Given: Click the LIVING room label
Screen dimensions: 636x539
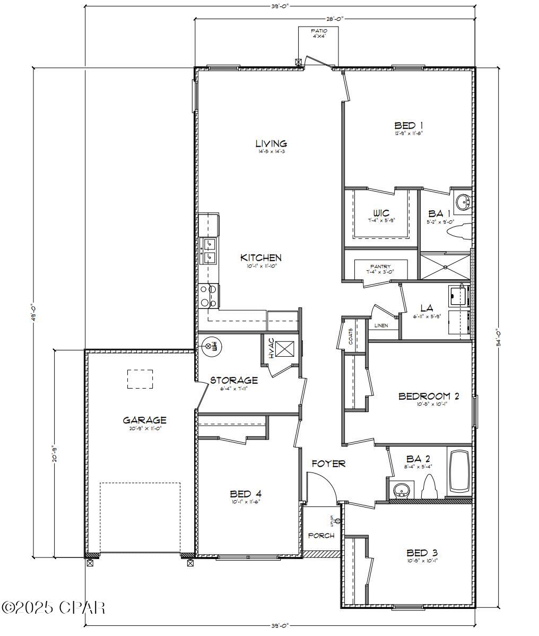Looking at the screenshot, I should (x=271, y=143).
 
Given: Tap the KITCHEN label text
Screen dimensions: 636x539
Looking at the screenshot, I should (x=261, y=258).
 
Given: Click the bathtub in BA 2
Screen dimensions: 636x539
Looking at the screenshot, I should (x=460, y=472).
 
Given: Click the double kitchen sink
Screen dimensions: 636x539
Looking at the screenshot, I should (x=209, y=251).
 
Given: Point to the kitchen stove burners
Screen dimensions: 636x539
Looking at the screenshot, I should (x=208, y=296).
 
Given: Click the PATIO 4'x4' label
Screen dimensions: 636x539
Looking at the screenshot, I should (x=318, y=33).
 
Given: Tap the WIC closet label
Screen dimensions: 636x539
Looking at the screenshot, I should (x=381, y=213).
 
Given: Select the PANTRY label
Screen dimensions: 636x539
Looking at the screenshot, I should (x=380, y=267).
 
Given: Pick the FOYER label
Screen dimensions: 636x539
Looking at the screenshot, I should (x=328, y=463).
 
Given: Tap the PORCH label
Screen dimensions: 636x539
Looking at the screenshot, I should (x=321, y=536).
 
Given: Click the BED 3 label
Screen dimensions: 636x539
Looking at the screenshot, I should (x=422, y=552).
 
